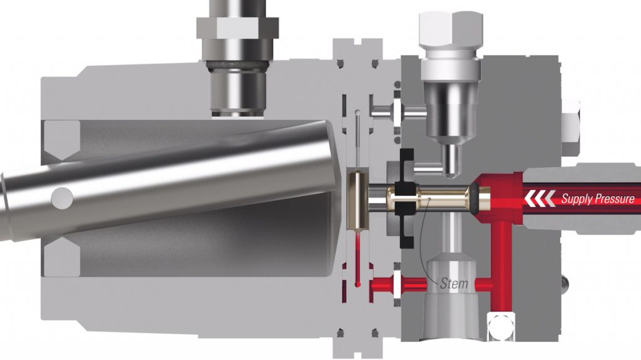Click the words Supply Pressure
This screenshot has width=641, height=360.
click(597, 199)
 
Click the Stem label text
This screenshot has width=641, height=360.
click(453, 284)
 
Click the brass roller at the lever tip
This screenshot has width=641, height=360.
click(356, 200)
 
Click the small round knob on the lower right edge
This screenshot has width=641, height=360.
click(567, 285)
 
